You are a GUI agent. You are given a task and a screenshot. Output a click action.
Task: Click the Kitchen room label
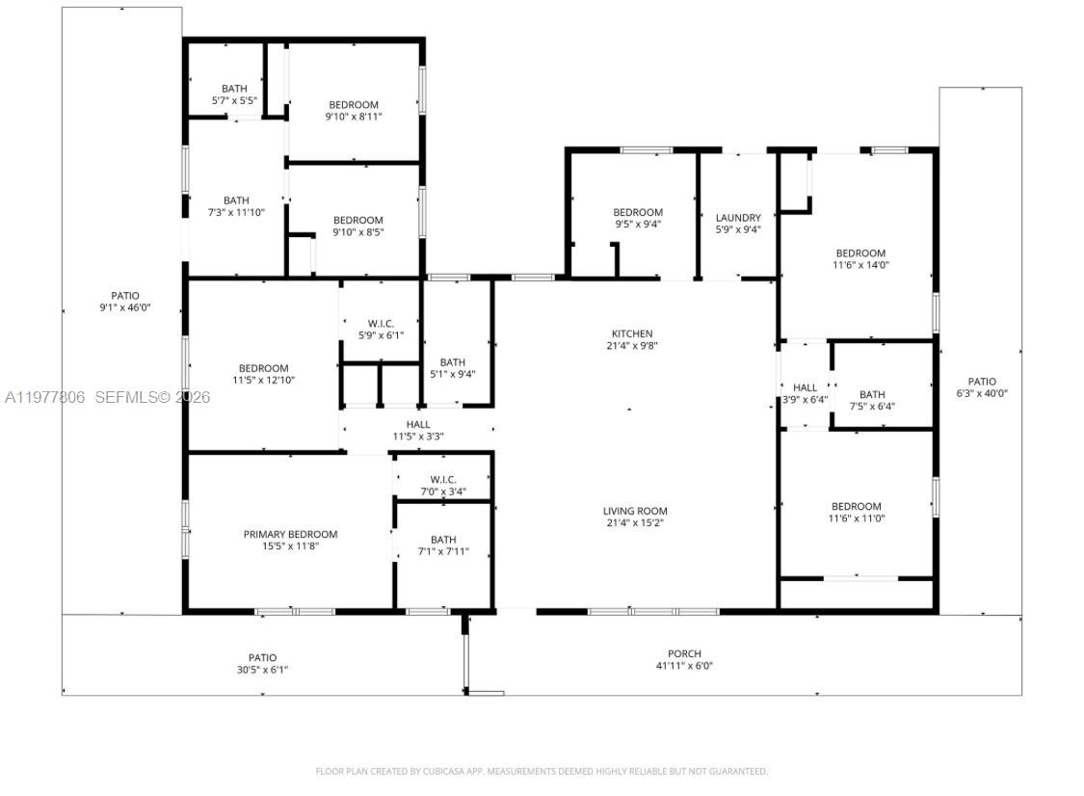coord(631,333)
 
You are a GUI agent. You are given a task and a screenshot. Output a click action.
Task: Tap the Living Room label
coord(635,511)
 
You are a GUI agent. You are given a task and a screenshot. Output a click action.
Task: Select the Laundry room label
coord(738,218)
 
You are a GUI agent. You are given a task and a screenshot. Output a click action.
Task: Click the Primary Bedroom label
coord(290,534)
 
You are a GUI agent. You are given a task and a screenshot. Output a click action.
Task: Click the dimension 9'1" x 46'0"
coord(125,308)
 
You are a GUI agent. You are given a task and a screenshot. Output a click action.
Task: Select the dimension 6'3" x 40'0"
coord(982,393)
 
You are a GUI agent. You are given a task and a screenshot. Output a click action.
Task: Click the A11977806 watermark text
coord(45,397)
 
